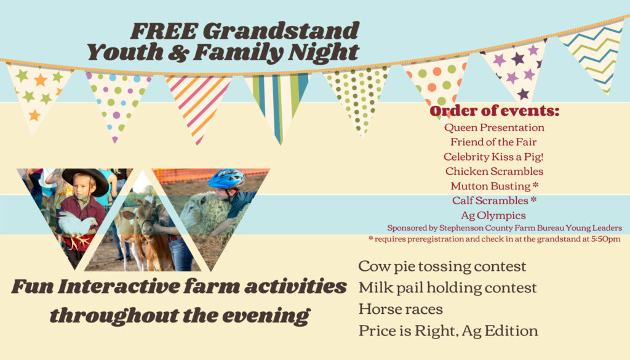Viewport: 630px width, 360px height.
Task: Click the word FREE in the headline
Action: [x=164, y=31]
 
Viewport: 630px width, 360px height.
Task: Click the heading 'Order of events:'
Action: [x=494, y=111]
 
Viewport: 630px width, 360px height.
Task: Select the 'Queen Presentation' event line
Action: [x=494, y=127]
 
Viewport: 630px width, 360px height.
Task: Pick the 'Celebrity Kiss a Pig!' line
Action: [x=493, y=156]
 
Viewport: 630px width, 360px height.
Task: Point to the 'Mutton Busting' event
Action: [x=490, y=186]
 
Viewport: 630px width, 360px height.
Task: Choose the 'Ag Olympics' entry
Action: [x=493, y=215]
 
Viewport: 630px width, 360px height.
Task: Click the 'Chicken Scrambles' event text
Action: [x=494, y=171]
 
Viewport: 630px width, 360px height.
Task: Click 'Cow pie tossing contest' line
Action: [x=442, y=266]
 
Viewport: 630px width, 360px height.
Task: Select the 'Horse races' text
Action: [x=401, y=309]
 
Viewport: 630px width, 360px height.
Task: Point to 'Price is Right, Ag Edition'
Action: [x=448, y=330]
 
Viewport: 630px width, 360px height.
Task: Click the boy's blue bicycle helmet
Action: [x=226, y=178]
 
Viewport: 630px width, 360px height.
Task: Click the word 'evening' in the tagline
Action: [x=266, y=316]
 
